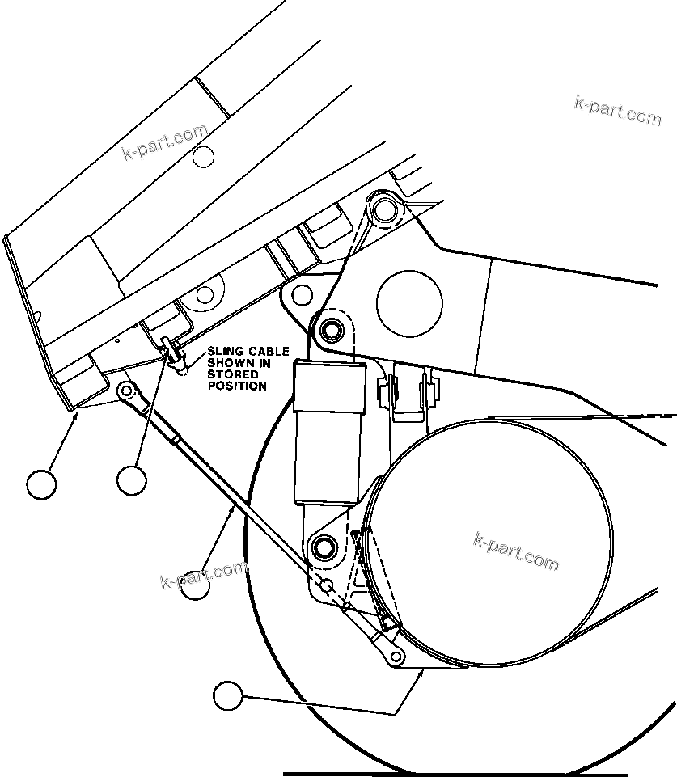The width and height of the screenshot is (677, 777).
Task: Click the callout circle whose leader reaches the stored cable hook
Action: [131, 480]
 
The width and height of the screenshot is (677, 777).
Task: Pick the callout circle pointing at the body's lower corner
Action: [41, 484]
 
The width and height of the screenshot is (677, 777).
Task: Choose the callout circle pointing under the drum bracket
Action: [228, 695]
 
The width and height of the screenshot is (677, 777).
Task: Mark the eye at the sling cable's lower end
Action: [396, 655]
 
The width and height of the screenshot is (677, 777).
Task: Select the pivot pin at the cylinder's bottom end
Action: [324, 547]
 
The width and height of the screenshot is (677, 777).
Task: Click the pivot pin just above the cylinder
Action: [329, 330]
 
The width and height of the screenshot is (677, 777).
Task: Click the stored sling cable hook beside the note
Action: [172, 353]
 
